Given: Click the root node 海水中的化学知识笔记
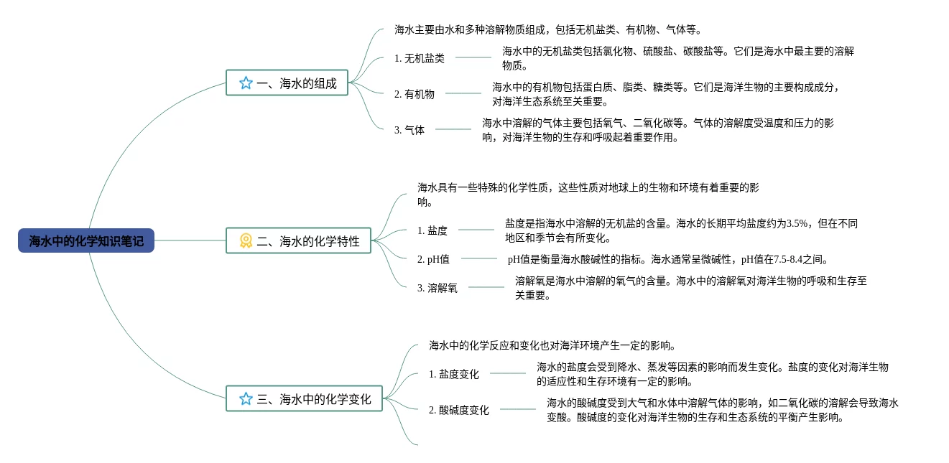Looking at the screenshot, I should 86,241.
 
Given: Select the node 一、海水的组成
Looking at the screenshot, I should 287,83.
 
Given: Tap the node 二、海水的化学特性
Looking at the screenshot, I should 299,241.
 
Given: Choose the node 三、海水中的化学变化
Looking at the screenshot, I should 305,399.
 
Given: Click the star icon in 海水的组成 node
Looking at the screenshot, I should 246,83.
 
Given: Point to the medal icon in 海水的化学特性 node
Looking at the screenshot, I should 246,241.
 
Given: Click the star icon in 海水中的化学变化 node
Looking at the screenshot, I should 246,399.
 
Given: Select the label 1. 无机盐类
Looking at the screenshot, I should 420,58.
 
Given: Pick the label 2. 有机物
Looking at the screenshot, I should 415,93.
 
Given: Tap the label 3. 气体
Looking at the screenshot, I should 409,130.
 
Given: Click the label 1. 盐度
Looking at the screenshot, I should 432,230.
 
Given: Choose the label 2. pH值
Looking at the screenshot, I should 433,259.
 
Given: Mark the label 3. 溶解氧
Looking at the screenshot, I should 437,288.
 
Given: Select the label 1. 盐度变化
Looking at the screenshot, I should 453,374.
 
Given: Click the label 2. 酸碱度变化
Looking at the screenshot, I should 458,410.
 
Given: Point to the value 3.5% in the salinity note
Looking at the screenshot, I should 797,223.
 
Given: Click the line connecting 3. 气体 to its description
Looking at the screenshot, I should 453,129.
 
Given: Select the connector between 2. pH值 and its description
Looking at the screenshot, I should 479,258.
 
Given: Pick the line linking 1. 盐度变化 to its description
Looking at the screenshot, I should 508,373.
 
